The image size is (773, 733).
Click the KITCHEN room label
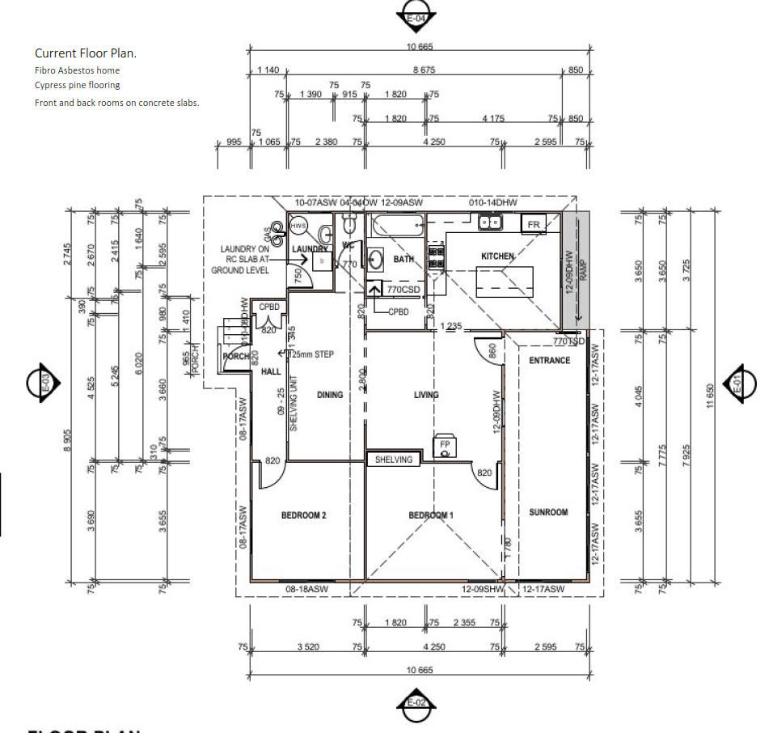tap(497, 256)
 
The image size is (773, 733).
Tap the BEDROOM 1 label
tap(430, 515)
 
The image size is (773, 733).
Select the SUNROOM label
tap(548, 512)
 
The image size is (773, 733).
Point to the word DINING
tap(330, 395)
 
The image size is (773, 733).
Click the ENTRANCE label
tap(549, 360)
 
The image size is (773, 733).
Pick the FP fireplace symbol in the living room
tap(444, 446)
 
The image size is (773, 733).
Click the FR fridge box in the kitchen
tap(534, 224)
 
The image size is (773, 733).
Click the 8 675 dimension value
tap(424, 70)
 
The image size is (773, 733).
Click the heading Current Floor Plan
tap(86, 53)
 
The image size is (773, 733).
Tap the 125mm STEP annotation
tap(308, 354)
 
